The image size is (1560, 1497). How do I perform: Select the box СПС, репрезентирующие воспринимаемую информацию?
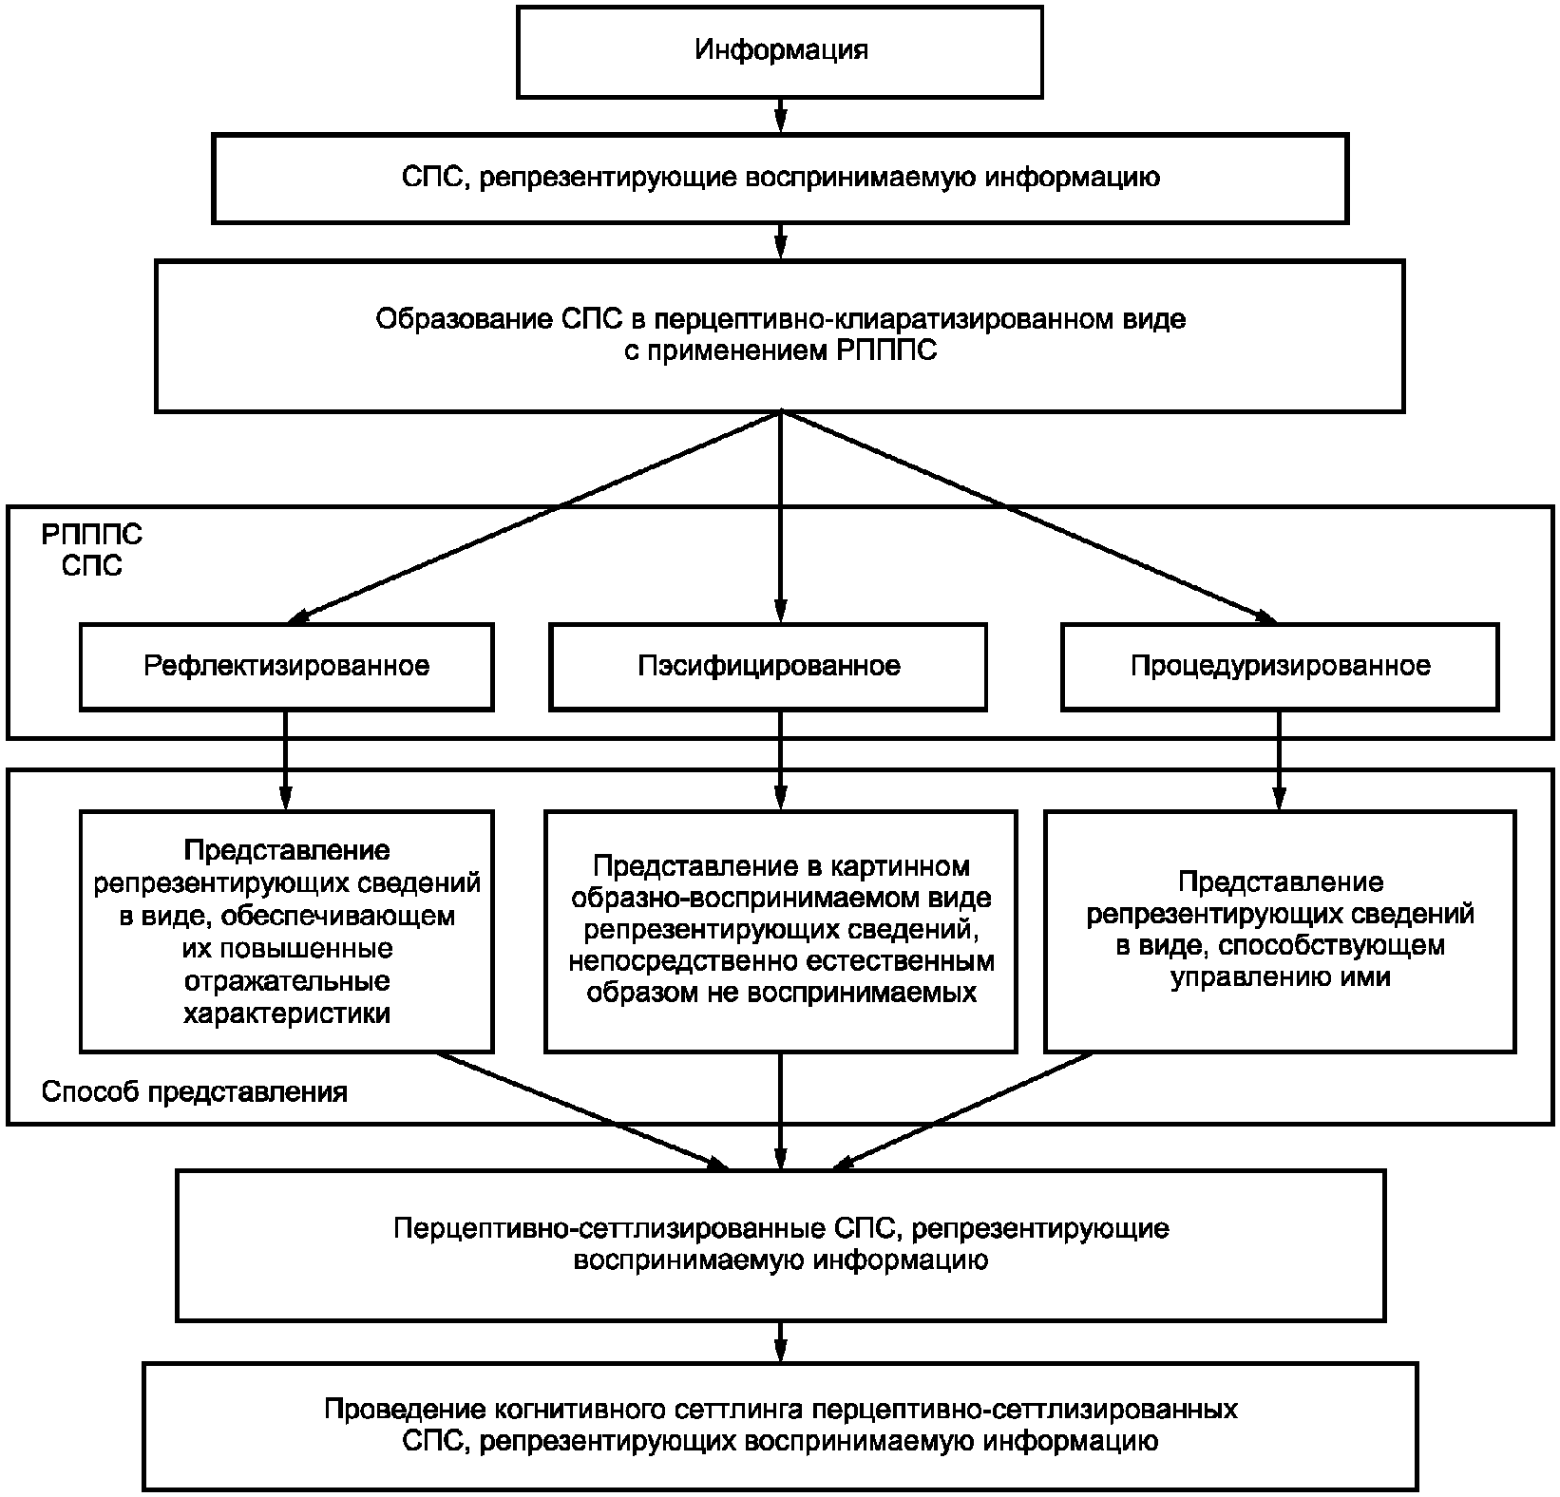coord(780,179)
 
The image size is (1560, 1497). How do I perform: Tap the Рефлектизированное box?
coord(286,666)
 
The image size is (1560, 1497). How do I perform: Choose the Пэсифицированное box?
coord(768,666)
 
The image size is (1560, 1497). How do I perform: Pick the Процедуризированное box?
coord(1280,666)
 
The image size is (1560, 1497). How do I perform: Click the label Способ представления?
coord(195,1092)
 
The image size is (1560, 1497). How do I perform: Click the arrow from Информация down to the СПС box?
coord(780,115)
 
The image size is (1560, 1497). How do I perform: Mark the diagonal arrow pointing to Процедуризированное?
coord(1028,516)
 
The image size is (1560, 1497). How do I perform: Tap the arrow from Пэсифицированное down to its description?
coord(780,760)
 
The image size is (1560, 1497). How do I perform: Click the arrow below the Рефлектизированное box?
coord(285,760)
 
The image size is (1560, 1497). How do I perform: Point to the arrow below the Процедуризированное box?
coord(1280,760)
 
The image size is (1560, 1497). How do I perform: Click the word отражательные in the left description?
coord(286,981)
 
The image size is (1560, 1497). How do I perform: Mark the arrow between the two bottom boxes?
coord(780,1342)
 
